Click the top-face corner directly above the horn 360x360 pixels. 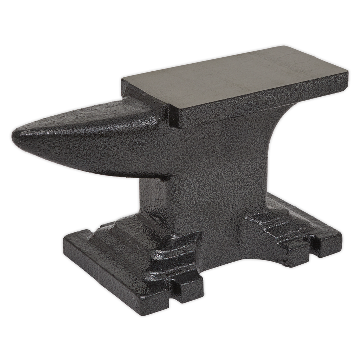coord(122,79)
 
